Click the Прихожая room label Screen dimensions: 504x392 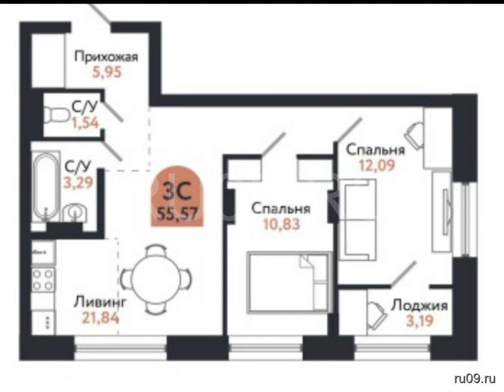pyautogui.click(x=106, y=57)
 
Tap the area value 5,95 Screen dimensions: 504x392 pyautogui.click(x=107, y=72)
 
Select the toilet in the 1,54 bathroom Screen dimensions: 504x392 pyautogui.click(x=57, y=115)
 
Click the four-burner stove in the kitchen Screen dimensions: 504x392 pyautogui.click(x=43, y=280)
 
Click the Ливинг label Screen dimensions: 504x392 pyautogui.click(x=100, y=302)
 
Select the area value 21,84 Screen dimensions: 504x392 pyautogui.click(x=100, y=318)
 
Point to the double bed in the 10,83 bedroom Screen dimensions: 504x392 pyautogui.click(x=288, y=283)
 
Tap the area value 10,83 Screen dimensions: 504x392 pyautogui.click(x=282, y=224)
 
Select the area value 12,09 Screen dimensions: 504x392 pyautogui.click(x=377, y=165)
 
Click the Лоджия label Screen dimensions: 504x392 pyautogui.click(x=419, y=305)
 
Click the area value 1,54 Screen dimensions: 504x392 pyautogui.click(x=85, y=123)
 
